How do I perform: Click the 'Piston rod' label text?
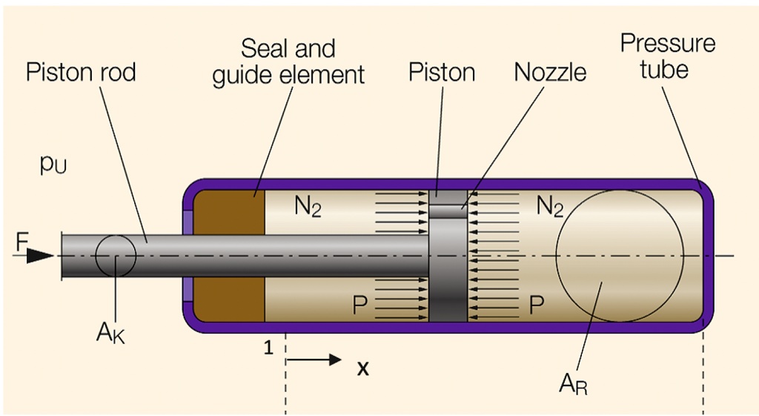81,73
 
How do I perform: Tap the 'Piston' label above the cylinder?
442,73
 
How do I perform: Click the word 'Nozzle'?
550,73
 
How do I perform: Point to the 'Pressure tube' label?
667,56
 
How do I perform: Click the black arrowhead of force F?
41,256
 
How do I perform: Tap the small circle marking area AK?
116,257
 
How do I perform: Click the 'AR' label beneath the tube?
571,383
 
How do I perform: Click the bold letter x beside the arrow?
363,368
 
